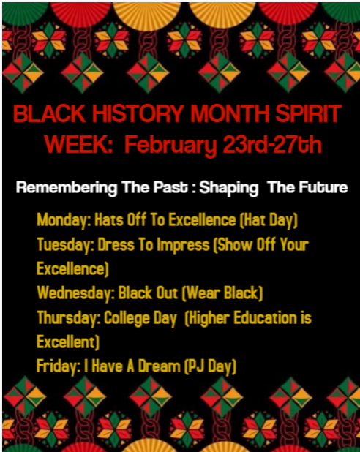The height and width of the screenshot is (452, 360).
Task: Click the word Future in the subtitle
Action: pos(323,188)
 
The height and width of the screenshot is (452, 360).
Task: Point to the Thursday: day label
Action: pos(68,319)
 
